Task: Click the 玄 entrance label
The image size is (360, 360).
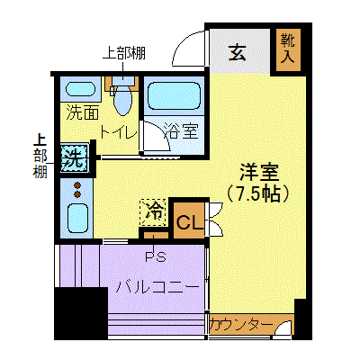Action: [238, 52]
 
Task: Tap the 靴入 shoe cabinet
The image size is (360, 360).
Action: [288, 49]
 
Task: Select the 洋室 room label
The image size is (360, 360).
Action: [259, 172]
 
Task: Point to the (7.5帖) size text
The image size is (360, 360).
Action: [258, 193]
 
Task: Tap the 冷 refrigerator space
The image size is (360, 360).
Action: [153, 212]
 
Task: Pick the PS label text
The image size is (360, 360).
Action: [156, 256]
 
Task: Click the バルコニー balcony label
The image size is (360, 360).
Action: [157, 288]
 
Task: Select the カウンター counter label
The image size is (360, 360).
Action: [241, 325]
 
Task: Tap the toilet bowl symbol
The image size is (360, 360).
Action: [123, 100]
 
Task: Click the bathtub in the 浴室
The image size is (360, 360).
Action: [174, 95]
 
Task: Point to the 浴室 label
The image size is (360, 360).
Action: [181, 131]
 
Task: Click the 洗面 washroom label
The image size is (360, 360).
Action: [83, 112]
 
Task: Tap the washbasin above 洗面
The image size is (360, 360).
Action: [80, 89]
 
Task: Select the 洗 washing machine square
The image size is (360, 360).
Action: [75, 157]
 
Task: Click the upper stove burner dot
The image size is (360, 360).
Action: [77, 185]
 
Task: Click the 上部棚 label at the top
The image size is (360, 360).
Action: [124, 53]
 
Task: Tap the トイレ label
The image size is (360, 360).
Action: [118, 131]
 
